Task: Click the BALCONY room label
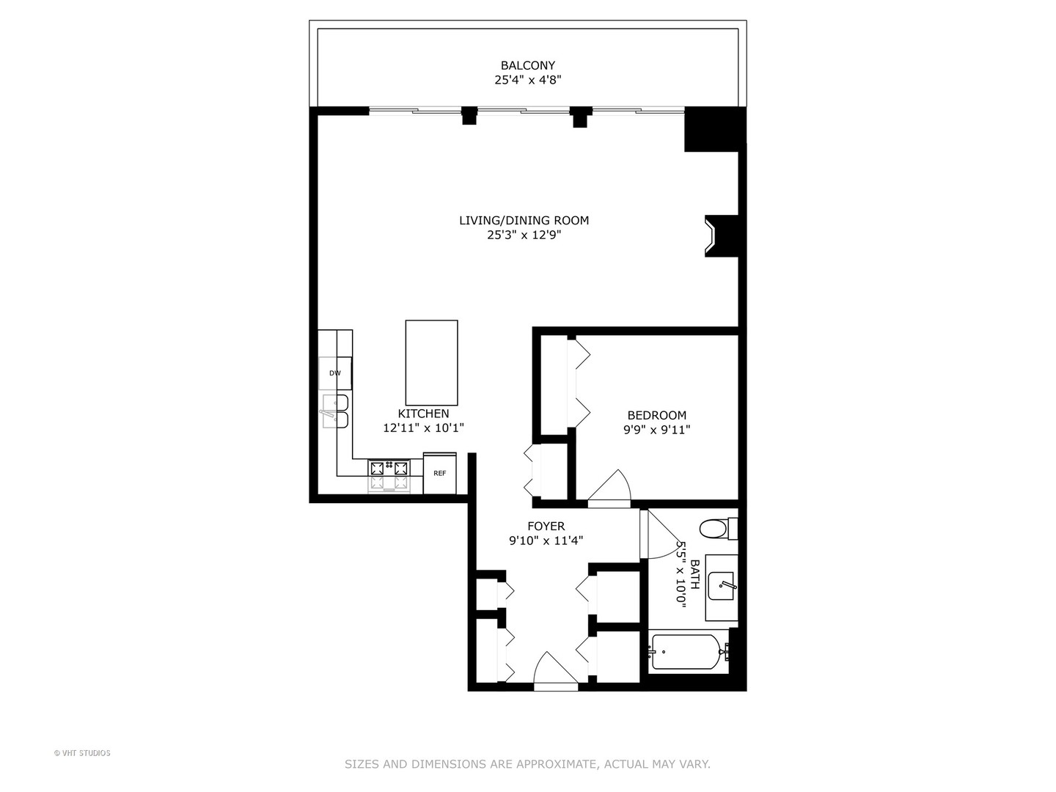527,65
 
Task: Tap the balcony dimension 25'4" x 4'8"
527,80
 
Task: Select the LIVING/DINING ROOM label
524,220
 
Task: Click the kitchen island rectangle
431,362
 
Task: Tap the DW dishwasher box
335,373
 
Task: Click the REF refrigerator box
440,473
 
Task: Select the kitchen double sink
335,411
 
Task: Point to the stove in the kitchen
389,475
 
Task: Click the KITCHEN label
423,414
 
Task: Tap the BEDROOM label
656,415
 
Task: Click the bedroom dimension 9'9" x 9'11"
656,430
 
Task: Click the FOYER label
546,526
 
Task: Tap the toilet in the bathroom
714,528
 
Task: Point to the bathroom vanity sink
722,586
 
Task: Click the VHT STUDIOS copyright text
82,753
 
